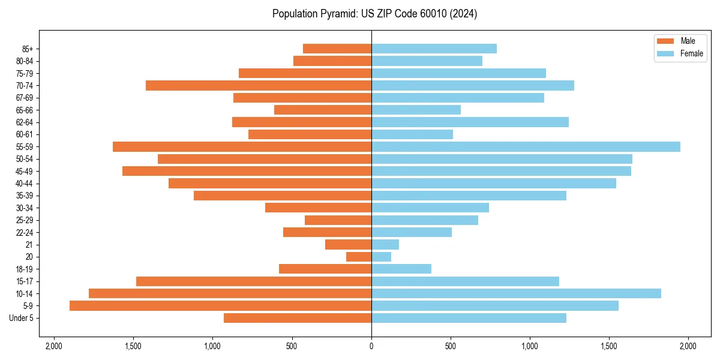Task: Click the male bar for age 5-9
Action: (x=220, y=305)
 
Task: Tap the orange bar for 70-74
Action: (x=259, y=85)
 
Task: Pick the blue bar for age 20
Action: (x=382, y=257)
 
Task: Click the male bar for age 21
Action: (x=348, y=244)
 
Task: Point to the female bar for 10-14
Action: (x=516, y=293)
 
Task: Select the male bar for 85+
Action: (x=337, y=49)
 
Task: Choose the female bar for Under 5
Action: (x=469, y=318)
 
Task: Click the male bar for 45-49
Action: (x=247, y=171)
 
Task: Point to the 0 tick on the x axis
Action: (x=371, y=346)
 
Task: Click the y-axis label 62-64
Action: (x=25, y=122)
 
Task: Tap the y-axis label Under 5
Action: (x=21, y=318)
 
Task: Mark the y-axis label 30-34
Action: (x=25, y=208)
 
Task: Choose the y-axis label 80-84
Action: (x=25, y=61)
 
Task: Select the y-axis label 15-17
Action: (x=25, y=281)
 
